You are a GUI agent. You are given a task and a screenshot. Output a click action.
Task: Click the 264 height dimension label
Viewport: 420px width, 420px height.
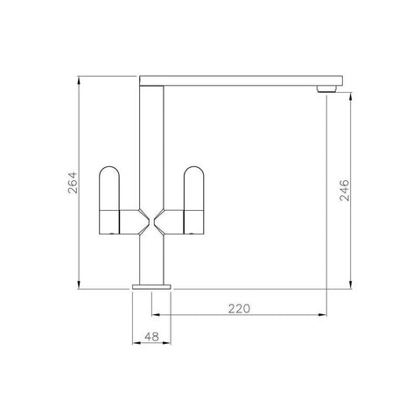(73, 183)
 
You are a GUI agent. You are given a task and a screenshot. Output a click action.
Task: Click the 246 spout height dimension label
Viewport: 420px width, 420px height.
(345, 190)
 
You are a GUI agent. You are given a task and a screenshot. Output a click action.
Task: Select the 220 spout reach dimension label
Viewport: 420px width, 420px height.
(239, 309)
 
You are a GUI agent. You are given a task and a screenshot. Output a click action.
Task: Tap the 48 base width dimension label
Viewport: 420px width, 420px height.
(151, 337)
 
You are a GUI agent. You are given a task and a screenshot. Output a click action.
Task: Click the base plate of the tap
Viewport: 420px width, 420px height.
(151, 287)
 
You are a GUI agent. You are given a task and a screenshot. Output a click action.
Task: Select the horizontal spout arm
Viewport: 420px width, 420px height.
(241, 80)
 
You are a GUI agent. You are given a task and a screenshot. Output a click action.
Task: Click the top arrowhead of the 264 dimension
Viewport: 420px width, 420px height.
(79, 80)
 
